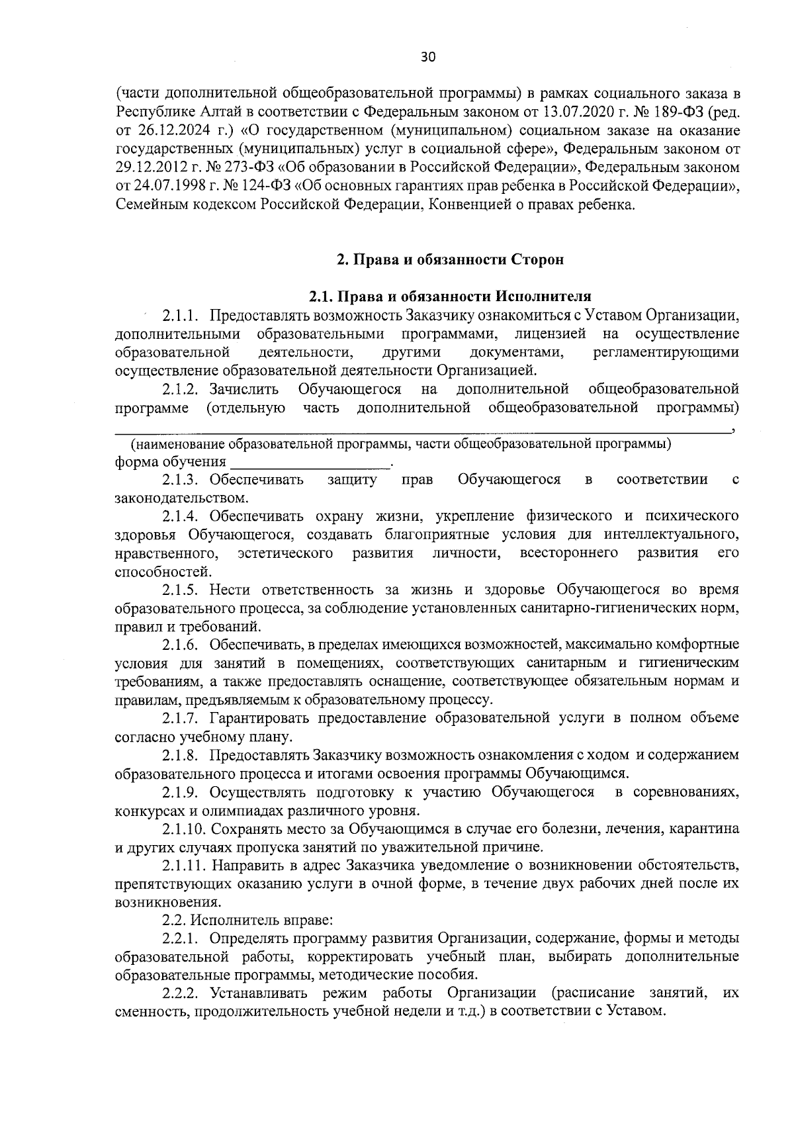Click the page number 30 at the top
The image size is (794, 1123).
[428, 57]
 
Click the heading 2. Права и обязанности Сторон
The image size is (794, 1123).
[450, 259]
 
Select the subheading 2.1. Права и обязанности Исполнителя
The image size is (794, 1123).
[450, 295]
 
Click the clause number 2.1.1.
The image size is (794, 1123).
[181, 314]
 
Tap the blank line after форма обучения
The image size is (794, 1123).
[310, 462]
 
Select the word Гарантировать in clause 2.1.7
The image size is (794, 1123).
[251, 718]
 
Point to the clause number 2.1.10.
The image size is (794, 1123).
[184, 829]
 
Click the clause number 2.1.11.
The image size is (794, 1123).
[184, 865]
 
